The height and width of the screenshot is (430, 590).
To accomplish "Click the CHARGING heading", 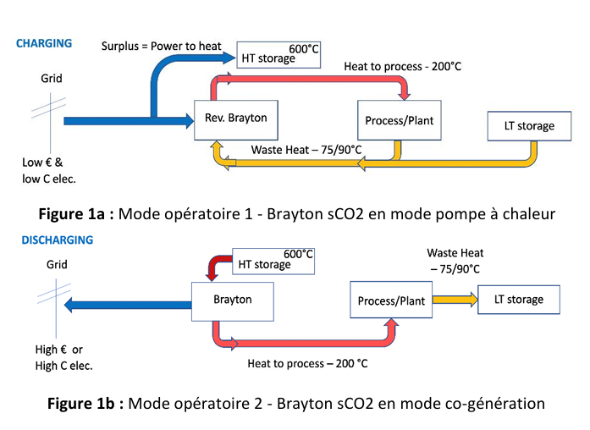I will [44, 43].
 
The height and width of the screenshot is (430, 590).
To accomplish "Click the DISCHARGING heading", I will [57, 240].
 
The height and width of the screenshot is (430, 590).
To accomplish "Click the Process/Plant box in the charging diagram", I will [400, 121].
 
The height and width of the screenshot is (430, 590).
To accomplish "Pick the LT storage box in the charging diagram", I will [523, 126].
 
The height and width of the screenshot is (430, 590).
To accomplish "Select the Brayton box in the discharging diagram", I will [232, 300].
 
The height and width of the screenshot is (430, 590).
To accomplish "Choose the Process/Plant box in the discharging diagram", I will [389, 301].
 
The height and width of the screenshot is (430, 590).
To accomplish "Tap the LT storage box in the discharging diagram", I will [519, 299].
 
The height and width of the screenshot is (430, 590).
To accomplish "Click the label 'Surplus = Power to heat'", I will [163, 45].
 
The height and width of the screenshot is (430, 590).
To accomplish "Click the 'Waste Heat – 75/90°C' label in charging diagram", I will [306, 150].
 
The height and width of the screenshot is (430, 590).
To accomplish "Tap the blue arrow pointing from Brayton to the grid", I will [127, 304].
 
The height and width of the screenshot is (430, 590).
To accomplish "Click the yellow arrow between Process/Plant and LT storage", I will [455, 300].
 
